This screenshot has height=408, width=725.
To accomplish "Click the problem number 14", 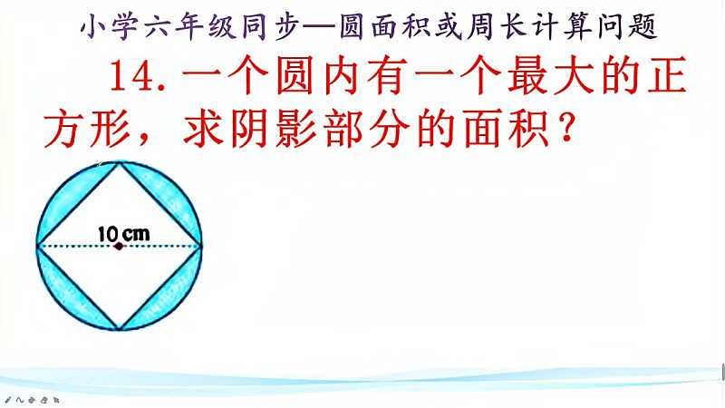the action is [x=133, y=76].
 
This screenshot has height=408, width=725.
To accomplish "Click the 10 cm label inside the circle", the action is [x=124, y=234].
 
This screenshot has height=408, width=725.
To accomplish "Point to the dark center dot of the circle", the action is [x=120, y=246].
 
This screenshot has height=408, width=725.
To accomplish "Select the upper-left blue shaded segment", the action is [x=71, y=197].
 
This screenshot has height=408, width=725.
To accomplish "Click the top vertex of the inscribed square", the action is [x=120, y=162].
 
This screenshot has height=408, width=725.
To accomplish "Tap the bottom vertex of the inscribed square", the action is [x=120, y=329].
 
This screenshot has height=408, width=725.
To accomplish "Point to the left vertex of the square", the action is [x=37, y=246].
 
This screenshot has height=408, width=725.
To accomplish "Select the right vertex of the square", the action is [x=201, y=246].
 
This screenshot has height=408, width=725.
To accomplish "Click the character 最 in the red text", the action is [x=527, y=76].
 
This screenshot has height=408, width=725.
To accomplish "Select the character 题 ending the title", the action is [x=643, y=26].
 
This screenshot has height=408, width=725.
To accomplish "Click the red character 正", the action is [x=667, y=76].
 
